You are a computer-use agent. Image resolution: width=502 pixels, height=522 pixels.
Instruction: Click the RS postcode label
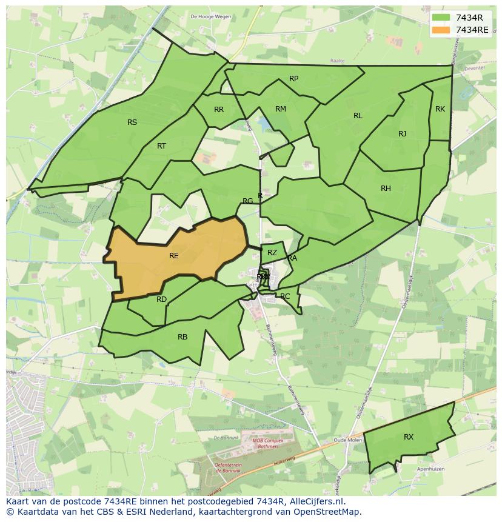132,122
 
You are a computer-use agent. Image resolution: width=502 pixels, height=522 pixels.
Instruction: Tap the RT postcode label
161,146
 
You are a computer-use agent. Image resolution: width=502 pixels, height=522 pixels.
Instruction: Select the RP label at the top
293,79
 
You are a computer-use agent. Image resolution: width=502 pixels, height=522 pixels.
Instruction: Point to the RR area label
219,110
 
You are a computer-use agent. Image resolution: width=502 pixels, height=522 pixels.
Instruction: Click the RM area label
280,109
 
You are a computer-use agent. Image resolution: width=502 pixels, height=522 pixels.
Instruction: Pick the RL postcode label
358,116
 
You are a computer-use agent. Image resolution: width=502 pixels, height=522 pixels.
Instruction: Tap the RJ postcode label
402,134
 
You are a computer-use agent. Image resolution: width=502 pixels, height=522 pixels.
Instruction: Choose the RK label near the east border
440,109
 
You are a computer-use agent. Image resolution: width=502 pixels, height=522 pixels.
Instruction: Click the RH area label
386,189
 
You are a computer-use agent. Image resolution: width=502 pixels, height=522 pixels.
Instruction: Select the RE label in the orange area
174,256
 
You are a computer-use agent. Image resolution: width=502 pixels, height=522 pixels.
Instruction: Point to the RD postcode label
161,299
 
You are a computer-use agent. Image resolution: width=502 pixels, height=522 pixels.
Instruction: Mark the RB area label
182,337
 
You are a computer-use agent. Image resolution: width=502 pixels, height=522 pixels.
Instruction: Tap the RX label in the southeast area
409,437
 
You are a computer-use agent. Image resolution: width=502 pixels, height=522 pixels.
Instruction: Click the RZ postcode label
272,253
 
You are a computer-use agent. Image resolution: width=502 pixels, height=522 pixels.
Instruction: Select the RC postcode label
285,296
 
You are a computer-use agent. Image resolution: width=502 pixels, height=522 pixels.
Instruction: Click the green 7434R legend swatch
441,18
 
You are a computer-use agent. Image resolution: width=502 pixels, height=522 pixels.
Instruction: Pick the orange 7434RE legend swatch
441,30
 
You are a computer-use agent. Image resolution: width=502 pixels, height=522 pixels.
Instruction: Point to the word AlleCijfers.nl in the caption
316,501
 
